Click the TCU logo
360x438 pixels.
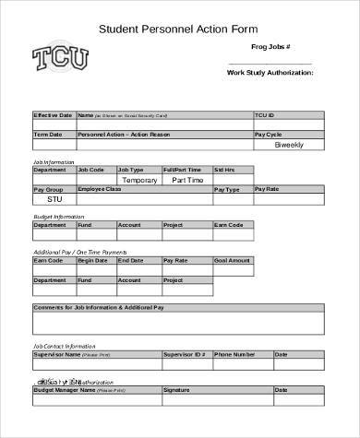[61, 60]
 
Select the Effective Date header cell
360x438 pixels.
[53, 115]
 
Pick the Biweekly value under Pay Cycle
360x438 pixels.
[289, 145]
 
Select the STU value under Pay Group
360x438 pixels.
[54, 198]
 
